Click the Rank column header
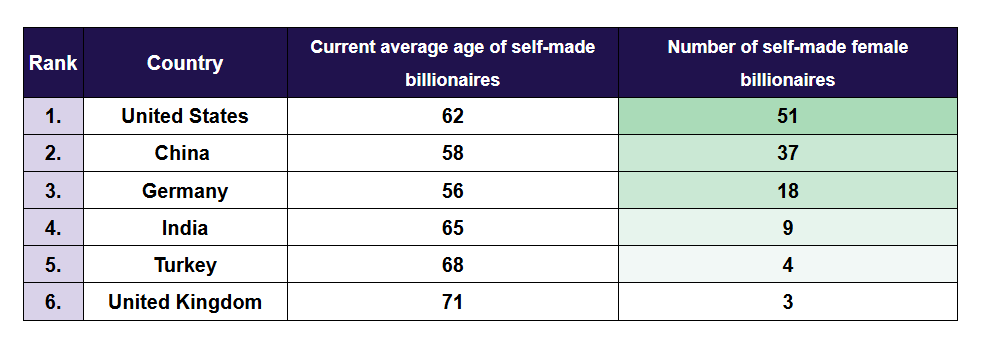53,63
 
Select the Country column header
185,63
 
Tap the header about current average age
453,63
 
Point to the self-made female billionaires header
787,63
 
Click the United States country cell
185,116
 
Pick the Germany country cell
185,191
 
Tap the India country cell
185,228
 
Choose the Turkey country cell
185,265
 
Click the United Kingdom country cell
185,302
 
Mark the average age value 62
453,116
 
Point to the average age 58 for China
453,153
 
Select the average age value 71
453,302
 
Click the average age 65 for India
453,228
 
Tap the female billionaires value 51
787,116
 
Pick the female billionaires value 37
787,153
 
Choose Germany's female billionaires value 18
787,191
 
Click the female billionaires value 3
787,302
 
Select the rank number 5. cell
53,265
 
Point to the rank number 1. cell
53,116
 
